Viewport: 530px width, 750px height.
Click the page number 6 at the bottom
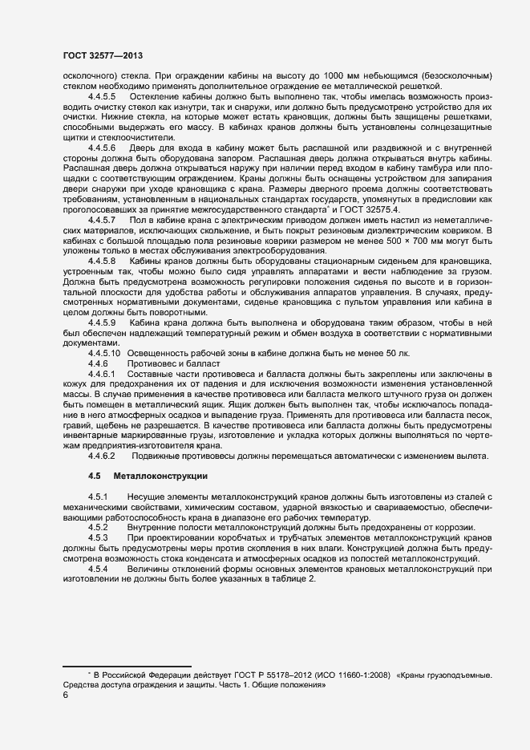65,695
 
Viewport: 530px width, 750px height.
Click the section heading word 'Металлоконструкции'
160,476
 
